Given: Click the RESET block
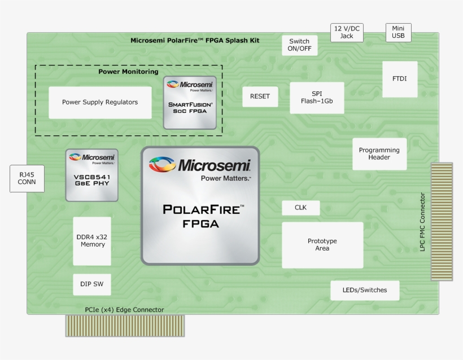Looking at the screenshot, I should (x=260, y=96).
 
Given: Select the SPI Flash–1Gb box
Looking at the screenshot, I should (x=317, y=98).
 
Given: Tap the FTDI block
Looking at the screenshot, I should (x=400, y=79).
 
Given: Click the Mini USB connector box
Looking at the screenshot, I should (x=398, y=32).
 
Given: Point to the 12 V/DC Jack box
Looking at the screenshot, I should (x=347, y=32).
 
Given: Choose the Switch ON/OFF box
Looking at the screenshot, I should (x=299, y=45).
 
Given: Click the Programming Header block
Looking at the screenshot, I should (x=379, y=153).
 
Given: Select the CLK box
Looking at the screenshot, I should (x=300, y=208).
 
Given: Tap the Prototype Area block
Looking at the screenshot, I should (x=322, y=245).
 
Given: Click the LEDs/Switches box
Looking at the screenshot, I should (x=365, y=290).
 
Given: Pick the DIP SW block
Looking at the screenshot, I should (x=91, y=284).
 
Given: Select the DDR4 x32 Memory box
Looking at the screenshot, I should (x=92, y=241).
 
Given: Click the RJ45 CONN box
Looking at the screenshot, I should (x=27, y=178).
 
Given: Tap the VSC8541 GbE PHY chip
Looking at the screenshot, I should (x=91, y=175).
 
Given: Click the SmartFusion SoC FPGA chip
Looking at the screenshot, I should (x=190, y=103).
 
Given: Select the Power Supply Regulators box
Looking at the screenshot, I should (x=100, y=102).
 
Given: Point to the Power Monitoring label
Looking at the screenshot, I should (x=128, y=72).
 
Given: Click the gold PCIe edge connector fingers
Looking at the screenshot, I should (x=125, y=326).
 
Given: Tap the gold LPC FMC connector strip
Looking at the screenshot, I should (x=442, y=221).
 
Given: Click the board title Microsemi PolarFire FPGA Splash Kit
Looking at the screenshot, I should (x=195, y=40).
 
